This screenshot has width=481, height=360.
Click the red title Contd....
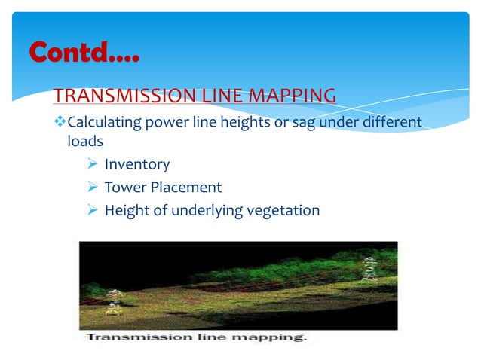pos(84,52)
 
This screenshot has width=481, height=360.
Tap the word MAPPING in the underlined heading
pos(293,96)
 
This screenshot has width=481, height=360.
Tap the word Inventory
pos(137,164)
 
